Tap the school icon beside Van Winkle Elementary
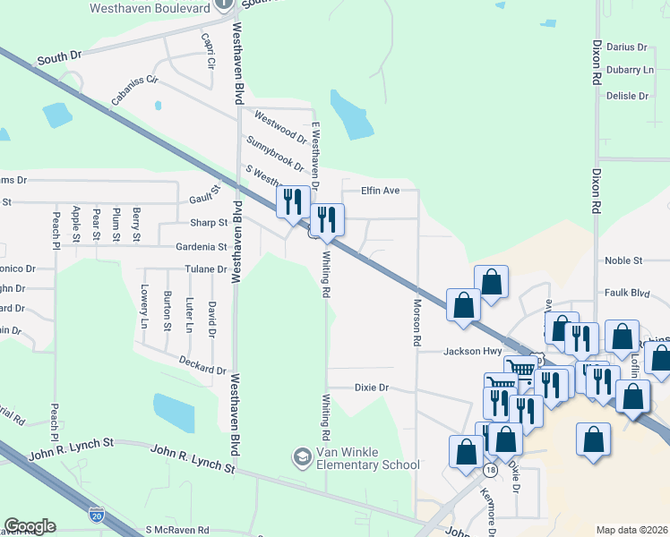pos(302,458)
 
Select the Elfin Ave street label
pos(380,191)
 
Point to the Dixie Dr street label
pos(371,388)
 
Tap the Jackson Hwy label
pos(472,352)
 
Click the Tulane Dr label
pos(207,268)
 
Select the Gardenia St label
pos(202,246)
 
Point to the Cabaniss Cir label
pos(134,89)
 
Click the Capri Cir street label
pos(209,52)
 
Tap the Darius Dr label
pos(626,47)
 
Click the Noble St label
pos(623,260)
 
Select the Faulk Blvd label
pos(627,293)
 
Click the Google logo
pos(30,525)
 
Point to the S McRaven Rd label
pos(176,530)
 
